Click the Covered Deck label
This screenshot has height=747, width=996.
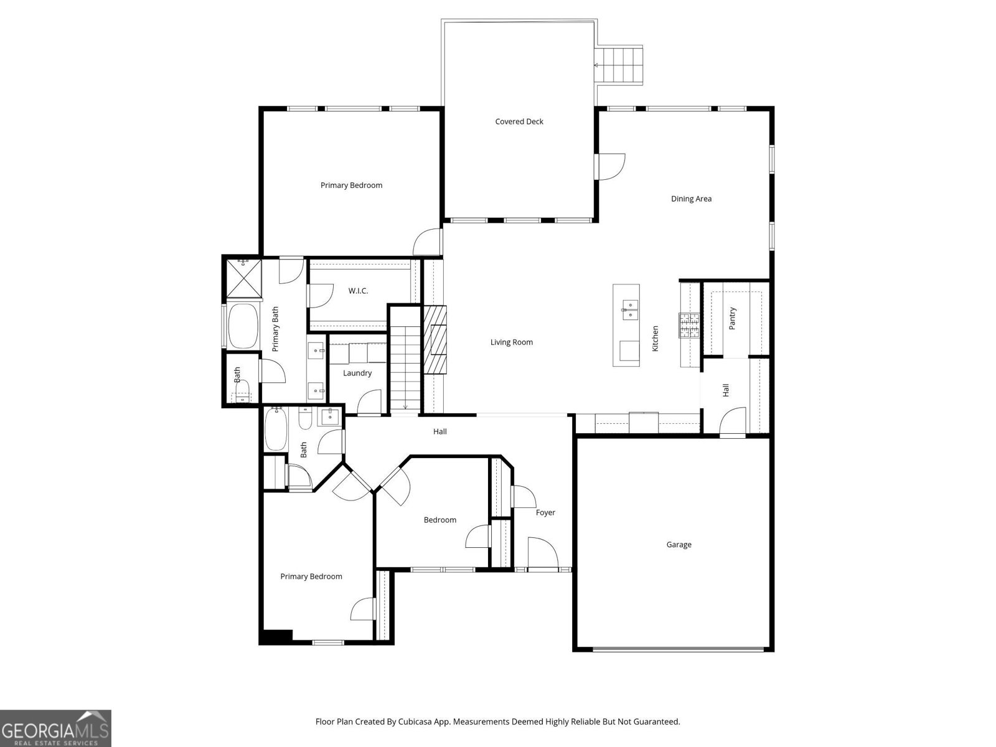(x=519, y=121)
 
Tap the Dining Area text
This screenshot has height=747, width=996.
(x=691, y=199)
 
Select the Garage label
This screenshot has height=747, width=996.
(x=679, y=545)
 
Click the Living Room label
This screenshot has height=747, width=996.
(x=511, y=342)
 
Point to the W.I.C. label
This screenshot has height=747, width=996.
(x=358, y=291)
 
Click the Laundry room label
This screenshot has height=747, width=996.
(x=357, y=373)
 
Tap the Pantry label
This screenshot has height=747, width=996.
(x=733, y=318)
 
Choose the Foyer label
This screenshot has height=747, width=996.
(x=545, y=512)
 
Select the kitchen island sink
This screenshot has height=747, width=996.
(x=630, y=307)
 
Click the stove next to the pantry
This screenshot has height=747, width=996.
(x=689, y=325)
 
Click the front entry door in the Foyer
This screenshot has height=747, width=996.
(x=542, y=553)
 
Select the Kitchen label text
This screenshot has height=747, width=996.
(x=655, y=339)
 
